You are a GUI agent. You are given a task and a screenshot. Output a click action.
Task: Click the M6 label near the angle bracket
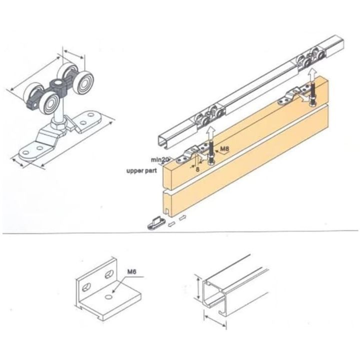tap(132, 272)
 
